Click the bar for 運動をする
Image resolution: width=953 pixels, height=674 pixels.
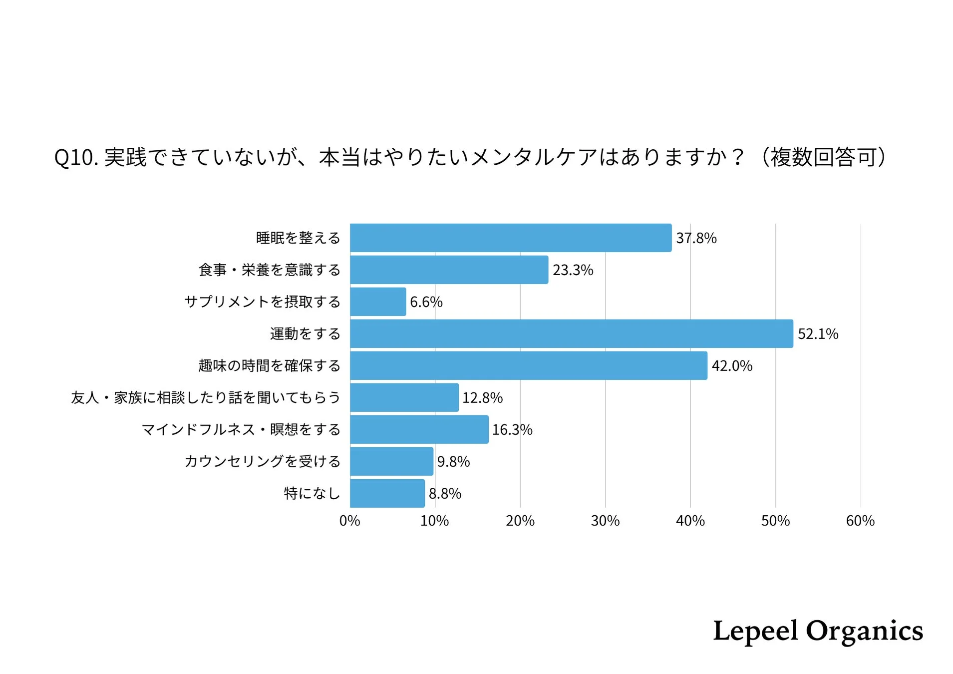click(571, 334)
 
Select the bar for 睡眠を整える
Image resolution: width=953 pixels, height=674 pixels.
click(510, 238)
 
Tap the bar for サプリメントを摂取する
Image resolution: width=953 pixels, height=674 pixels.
click(378, 302)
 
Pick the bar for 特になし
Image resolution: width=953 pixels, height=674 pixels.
click(387, 493)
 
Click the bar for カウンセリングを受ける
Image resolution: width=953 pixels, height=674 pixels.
click(391, 461)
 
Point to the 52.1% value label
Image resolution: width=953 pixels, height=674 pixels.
click(818, 334)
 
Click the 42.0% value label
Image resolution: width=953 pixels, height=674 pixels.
click(731, 366)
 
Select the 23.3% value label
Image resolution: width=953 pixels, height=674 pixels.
click(573, 270)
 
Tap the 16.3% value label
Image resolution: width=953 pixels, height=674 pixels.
click(512, 430)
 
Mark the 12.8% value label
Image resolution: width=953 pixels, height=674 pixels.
click(482, 398)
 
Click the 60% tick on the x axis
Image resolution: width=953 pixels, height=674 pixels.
click(860, 521)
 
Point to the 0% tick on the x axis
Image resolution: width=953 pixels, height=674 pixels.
click(349, 521)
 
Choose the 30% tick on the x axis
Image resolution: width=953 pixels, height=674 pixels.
click(605, 521)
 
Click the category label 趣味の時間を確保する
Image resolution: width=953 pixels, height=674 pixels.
click(269, 366)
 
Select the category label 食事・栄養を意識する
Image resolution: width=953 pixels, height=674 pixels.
click(269, 270)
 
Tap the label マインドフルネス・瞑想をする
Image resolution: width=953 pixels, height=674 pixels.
click(241, 430)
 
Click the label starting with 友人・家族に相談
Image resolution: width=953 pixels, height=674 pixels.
click(205, 398)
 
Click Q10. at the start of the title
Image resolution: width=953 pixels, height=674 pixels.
click(75, 158)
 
